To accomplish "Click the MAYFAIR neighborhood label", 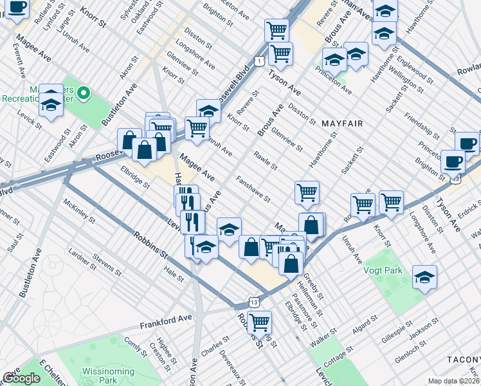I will [x=343, y=123].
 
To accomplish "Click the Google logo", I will [x=21, y=378].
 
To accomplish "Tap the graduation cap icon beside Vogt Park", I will [x=424, y=277].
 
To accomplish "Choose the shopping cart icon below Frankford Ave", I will [x=259, y=323].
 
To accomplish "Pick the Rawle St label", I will [x=265, y=161].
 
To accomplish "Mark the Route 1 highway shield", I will [x=257, y=60].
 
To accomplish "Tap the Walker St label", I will [x=323, y=338].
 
